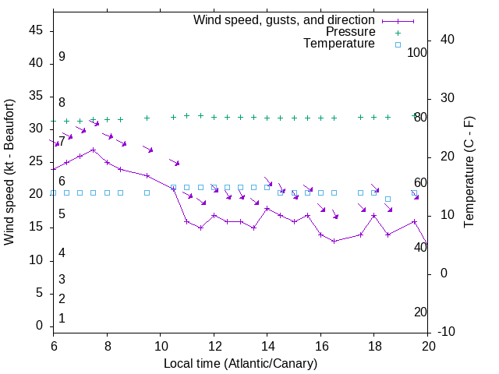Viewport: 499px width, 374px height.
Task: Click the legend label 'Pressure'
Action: pyautogui.click(x=351, y=32)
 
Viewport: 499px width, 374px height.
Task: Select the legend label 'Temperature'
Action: pyautogui.click(x=339, y=44)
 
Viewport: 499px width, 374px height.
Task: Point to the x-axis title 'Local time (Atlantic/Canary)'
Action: pyautogui.click(x=240, y=363)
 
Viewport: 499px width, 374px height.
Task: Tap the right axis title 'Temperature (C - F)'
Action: pyautogui.click(x=469, y=173)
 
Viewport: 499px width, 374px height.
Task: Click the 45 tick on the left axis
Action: pyautogui.click(x=36, y=30)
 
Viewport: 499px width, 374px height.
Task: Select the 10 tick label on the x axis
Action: pyautogui.click(x=160, y=346)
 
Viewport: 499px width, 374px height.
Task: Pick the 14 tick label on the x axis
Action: pyautogui.click(x=267, y=346)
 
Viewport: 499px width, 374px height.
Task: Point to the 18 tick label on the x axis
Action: pyautogui.click(x=373, y=346)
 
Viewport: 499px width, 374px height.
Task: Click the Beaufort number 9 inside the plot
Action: pyautogui.click(x=62, y=57)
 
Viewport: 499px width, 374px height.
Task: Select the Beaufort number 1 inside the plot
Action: pyautogui.click(x=62, y=318)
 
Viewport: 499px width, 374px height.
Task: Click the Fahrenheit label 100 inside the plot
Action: pyautogui.click(x=418, y=52)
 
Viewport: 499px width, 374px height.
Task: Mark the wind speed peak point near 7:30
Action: pyautogui.click(x=94, y=150)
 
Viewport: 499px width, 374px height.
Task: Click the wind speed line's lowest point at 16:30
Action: pyautogui.click(x=334, y=241)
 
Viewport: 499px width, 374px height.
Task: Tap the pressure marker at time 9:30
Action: pyautogui.click(x=147, y=118)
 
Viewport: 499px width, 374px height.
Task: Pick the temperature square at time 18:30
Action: pyautogui.click(x=388, y=199)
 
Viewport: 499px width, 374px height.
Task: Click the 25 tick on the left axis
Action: pyautogui.click(x=36, y=161)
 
